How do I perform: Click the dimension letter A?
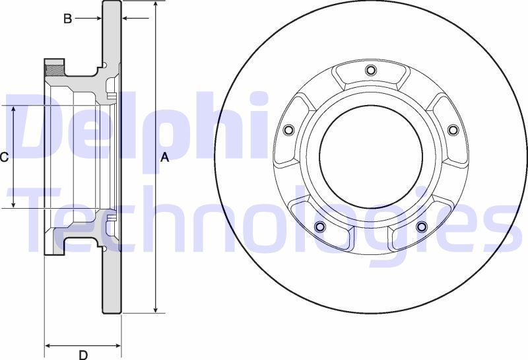165,157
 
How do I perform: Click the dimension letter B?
67,18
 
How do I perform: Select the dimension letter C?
4,157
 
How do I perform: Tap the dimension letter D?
83,355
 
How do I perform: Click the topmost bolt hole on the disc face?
370,70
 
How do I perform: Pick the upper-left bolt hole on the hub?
288,130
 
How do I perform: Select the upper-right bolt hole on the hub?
453,130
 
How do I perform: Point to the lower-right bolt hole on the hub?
421,228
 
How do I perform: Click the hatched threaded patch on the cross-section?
54,67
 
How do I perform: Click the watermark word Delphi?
142,129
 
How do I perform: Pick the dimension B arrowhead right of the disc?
126,18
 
